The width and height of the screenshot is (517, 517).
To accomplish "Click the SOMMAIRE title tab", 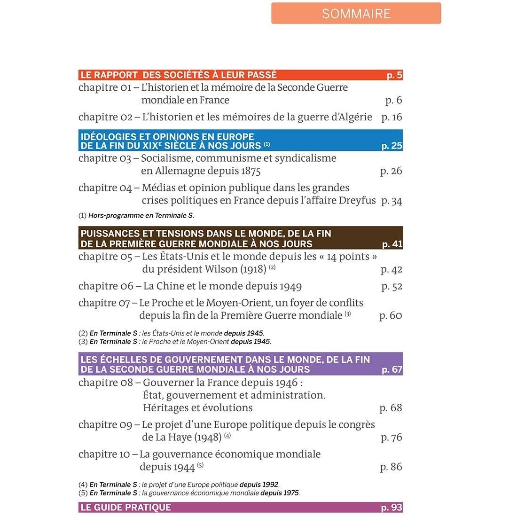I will (356, 13).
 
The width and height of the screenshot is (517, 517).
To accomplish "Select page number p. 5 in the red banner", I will (394, 75).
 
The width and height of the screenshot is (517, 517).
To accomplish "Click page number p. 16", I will (392, 117).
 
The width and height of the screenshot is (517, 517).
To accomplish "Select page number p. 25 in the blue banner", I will (392, 146).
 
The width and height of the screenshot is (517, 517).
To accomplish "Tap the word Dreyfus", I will (356, 201).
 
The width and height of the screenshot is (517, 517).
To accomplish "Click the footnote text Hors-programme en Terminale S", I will (141, 216).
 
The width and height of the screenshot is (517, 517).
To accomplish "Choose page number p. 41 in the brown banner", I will (392, 244).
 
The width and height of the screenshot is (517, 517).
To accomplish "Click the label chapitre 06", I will (105, 286).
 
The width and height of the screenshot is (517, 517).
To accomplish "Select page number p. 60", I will (391, 316).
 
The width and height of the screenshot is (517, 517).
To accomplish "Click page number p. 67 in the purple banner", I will (392, 369).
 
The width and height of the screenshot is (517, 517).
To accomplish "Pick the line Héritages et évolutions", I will (197, 408).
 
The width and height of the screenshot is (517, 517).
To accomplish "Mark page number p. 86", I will (391, 467).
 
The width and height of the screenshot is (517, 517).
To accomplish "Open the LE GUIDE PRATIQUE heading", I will (126, 507).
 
